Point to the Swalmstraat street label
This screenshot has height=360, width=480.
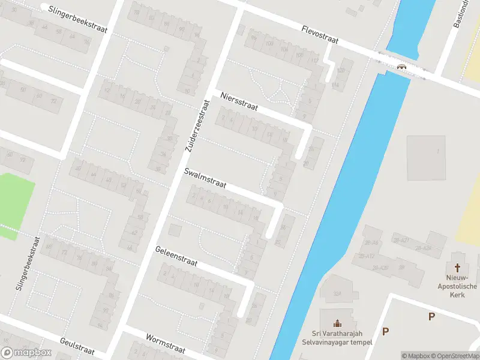tap(205, 178)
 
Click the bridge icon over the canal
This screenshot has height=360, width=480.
tap(401, 66)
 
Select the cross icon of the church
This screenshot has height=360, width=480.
tap(458, 268)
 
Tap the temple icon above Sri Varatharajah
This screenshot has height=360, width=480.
tap(337, 323)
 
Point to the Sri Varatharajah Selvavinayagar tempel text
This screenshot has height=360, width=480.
tap(337, 338)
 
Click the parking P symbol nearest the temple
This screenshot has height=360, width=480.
tap(386, 331)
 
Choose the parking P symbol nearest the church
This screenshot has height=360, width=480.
tap(431, 316)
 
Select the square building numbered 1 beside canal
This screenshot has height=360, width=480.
tap(427, 157)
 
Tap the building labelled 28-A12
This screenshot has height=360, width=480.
tap(367, 256)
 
